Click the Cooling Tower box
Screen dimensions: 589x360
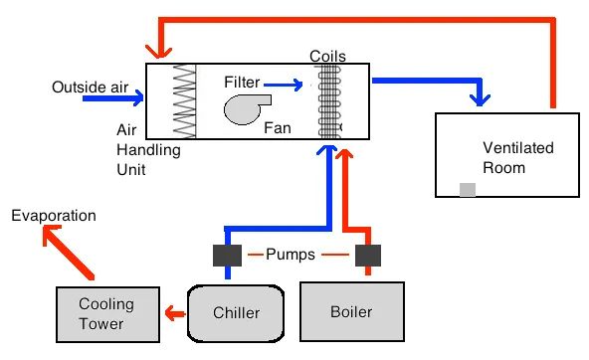[107, 314]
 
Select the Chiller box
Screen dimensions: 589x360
[236, 313]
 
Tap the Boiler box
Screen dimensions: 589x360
[352, 311]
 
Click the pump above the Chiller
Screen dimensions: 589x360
[227, 256]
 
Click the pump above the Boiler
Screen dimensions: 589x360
[368, 256]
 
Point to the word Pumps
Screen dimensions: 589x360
[291, 255]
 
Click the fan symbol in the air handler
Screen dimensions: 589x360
[247, 109]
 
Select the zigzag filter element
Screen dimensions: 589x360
[184, 101]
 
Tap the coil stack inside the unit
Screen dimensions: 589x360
[329, 101]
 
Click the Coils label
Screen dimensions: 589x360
[327, 57]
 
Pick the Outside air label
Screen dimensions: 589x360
[91, 88]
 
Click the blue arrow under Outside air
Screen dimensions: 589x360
[113, 98]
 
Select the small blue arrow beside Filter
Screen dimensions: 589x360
[284, 85]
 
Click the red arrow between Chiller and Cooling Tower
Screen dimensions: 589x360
[175, 313]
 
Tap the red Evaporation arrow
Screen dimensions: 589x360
[68, 252]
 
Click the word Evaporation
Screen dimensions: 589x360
[54, 216]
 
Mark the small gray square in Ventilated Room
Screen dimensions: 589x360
[468, 190]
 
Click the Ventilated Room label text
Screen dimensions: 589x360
[518, 158]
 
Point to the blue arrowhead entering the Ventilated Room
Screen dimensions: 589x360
[480, 99]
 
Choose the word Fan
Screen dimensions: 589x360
[278, 128]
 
